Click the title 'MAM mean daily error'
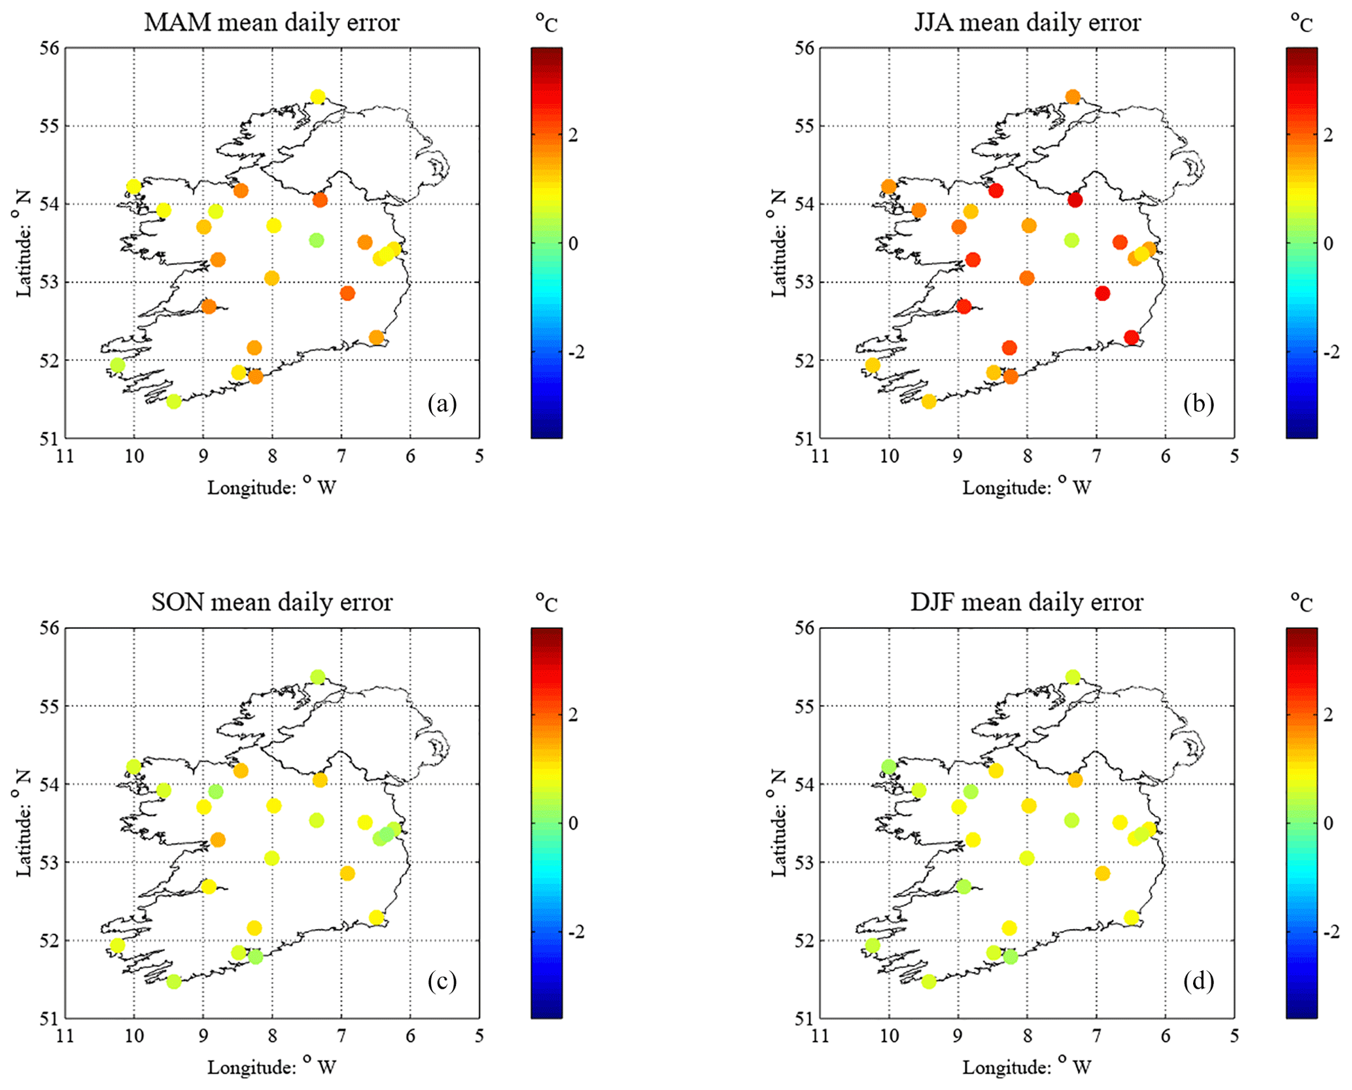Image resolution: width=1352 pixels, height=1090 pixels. click(271, 23)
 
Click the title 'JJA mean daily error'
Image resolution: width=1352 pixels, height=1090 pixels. click(1027, 23)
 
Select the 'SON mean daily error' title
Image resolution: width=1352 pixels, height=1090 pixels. click(271, 602)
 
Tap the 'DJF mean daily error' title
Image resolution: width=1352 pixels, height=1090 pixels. click(1027, 602)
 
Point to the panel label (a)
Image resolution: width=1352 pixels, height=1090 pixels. click(442, 403)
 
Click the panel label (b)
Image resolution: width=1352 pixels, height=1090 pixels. click(1198, 403)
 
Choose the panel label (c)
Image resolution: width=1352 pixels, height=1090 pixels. click(442, 981)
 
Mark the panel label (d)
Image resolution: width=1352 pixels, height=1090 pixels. click(1198, 981)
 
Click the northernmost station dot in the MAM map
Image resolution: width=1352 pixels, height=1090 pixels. click(318, 97)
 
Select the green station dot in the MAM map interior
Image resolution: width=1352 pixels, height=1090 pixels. click(317, 240)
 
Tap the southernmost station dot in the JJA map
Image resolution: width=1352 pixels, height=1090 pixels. click(929, 401)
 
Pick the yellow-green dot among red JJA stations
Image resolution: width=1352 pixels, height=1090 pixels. click(1071, 240)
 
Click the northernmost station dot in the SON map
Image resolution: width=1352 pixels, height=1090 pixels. click(318, 677)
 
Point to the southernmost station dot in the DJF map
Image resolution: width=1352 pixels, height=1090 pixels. click(929, 981)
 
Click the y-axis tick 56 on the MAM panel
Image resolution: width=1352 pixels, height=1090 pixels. click(49, 48)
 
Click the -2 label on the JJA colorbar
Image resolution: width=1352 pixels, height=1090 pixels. click(1329, 352)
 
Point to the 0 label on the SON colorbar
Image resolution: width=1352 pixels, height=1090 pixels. click(573, 823)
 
